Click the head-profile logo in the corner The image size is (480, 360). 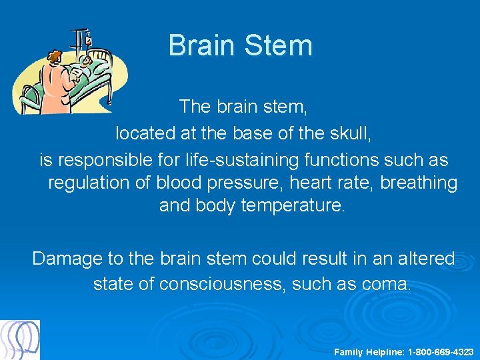(x=20, y=340)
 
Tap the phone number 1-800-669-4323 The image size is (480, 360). (x=441, y=351)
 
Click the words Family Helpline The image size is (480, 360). (x=369, y=351)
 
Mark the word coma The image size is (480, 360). (x=387, y=284)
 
